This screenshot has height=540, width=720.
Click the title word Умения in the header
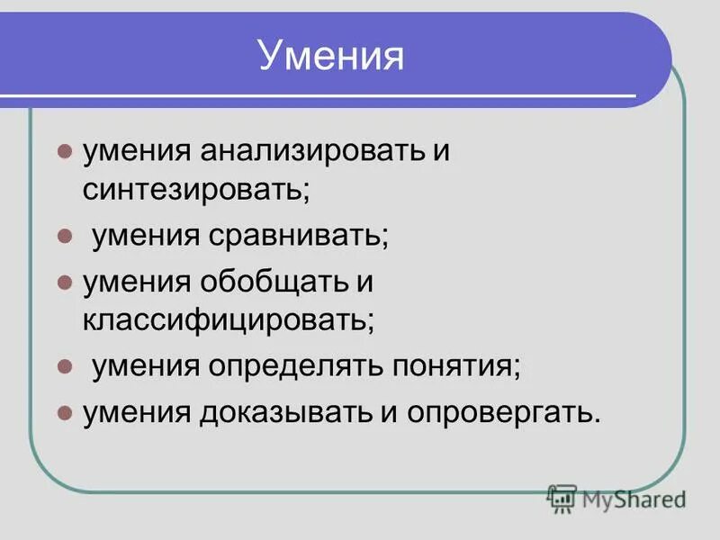click(330, 58)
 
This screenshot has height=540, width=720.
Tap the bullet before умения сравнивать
click(64, 238)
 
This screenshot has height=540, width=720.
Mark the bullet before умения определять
click(64, 367)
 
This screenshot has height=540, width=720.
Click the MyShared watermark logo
click(616, 497)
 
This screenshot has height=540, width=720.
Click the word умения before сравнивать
click(146, 238)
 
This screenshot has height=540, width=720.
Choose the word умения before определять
click(146, 367)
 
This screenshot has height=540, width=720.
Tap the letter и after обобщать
click(364, 282)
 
